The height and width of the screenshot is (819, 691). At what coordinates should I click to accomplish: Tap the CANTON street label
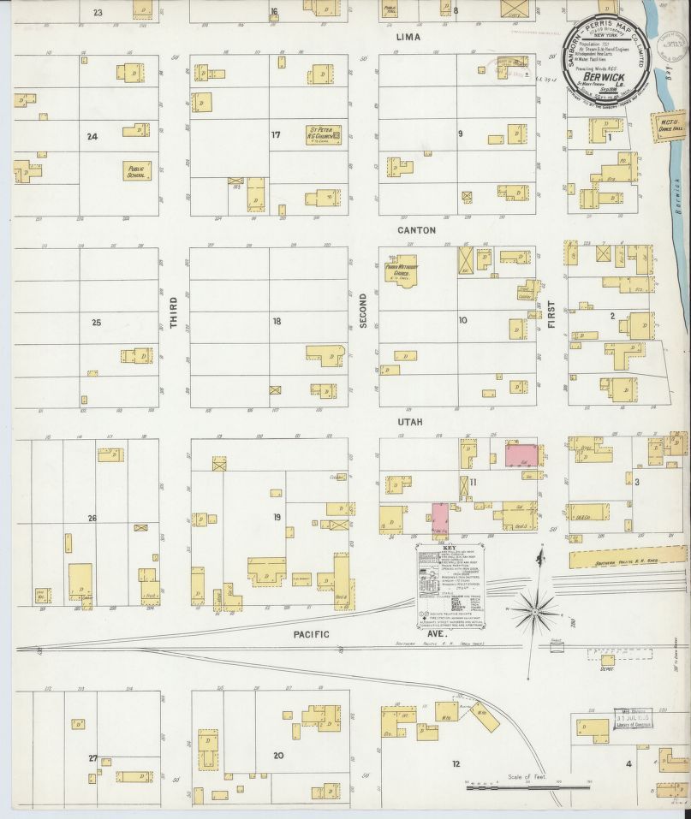pos(416,230)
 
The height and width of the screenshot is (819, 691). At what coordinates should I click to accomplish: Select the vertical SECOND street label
pos(363,306)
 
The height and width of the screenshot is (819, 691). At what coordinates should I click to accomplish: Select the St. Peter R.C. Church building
pos(325,134)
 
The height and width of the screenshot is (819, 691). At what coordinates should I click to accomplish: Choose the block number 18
pos(277,322)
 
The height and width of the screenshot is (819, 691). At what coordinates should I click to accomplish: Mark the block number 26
pos(92,518)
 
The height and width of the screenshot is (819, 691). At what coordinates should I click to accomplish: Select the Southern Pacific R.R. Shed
pos(624,559)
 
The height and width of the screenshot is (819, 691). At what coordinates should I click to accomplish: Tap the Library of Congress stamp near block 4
pos(633,720)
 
